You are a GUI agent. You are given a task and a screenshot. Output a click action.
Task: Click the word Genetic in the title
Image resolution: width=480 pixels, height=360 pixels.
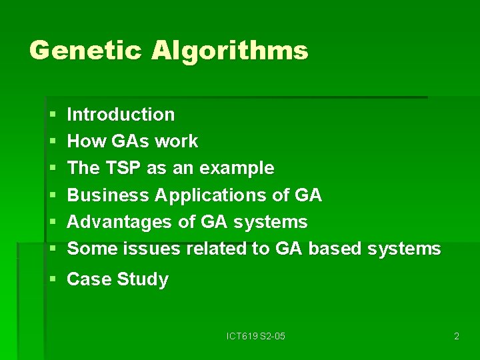click(x=86, y=51)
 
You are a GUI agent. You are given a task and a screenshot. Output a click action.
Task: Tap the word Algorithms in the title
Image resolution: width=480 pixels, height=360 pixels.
click(x=230, y=51)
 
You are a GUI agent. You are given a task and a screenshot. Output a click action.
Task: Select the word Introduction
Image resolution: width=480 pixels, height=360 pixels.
click(x=121, y=115)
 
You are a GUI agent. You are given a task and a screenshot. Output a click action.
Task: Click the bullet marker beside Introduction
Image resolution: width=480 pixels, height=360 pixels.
click(x=53, y=115)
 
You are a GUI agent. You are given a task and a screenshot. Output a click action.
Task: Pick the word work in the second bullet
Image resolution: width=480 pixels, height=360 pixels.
click(x=176, y=141)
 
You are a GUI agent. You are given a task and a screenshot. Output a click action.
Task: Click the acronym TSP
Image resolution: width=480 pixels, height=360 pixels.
click(x=122, y=168)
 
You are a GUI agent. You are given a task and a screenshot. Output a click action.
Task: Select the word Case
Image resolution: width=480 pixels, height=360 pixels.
click(x=89, y=279)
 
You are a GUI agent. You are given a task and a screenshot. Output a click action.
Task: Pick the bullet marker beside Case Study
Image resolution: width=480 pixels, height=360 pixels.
click(x=53, y=280)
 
